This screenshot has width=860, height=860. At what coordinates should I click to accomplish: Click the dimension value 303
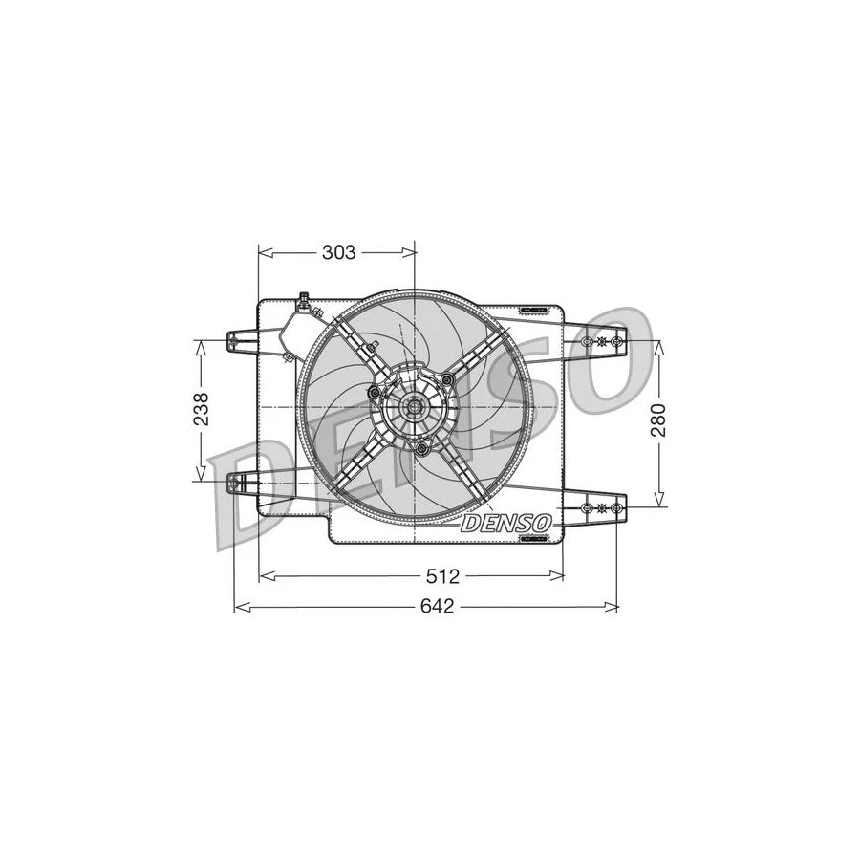[x=338, y=252]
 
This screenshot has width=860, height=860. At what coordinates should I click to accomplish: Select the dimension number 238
[x=200, y=410]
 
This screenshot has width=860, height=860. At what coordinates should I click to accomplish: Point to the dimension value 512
[x=444, y=575]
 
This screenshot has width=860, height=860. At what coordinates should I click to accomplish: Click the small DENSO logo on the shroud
[x=505, y=524]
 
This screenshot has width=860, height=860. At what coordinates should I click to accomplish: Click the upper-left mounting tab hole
[x=235, y=340]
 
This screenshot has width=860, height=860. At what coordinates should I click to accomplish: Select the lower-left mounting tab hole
[x=235, y=484]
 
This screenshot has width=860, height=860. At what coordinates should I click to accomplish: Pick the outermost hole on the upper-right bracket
[x=617, y=341]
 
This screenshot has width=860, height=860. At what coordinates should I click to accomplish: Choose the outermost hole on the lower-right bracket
[x=617, y=506]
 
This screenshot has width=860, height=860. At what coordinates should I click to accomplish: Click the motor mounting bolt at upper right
[x=446, y=381]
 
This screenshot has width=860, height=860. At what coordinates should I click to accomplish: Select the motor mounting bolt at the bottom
[x=421, y=447]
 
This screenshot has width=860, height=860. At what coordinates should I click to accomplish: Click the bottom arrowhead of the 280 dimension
[x=658, y=499]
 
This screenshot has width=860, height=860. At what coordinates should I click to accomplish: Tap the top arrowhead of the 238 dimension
[x=200, y=347]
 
